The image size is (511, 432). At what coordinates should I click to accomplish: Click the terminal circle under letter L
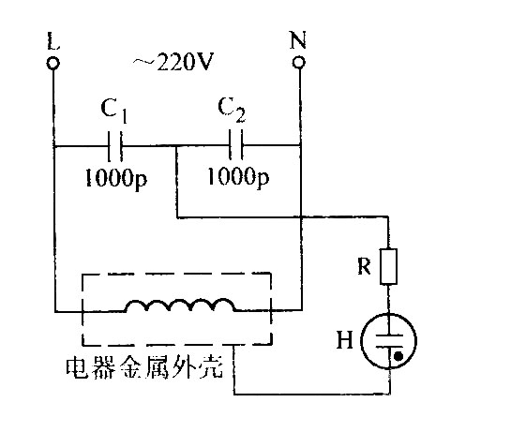53,63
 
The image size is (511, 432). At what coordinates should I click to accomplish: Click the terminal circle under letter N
298,62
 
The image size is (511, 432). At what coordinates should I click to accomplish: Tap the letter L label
53,40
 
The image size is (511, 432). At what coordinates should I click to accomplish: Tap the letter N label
298,39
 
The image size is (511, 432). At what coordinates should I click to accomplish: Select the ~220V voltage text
173,62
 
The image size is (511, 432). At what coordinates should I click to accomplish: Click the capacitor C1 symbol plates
115,146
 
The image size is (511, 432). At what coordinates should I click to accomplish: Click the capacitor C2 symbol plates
236,145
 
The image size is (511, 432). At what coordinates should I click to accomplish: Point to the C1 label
114,110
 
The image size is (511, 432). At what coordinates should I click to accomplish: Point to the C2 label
232,109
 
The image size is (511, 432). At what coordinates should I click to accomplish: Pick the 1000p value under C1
116,179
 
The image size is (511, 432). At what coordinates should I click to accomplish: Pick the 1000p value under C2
238,177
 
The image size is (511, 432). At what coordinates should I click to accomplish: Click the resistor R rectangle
388,267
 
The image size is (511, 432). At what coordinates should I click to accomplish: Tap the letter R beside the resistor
364,266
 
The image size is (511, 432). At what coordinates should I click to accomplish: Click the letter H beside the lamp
345,340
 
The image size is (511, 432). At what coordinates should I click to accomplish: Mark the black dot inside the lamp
398,356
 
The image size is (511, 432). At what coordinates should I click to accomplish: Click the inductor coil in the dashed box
180,305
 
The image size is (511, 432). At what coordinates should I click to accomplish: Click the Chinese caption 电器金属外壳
144,368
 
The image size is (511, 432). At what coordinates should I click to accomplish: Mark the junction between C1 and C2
176,146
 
